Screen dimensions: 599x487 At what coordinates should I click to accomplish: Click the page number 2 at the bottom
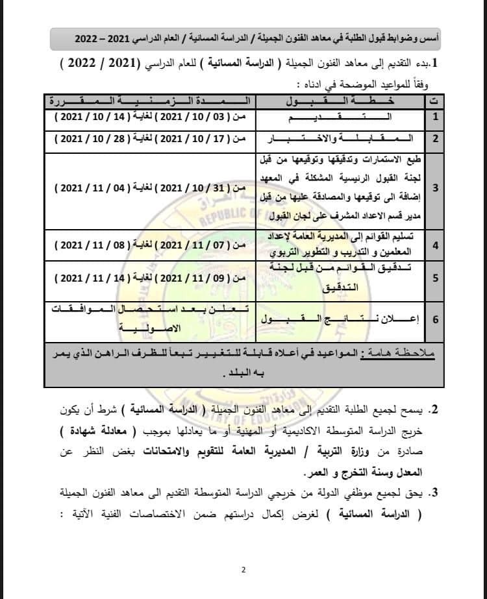click(x=243, y=570)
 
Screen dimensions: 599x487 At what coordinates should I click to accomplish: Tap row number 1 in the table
click(x=435, y=117)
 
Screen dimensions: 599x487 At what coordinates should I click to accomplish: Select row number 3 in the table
click(x=435, y=188)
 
